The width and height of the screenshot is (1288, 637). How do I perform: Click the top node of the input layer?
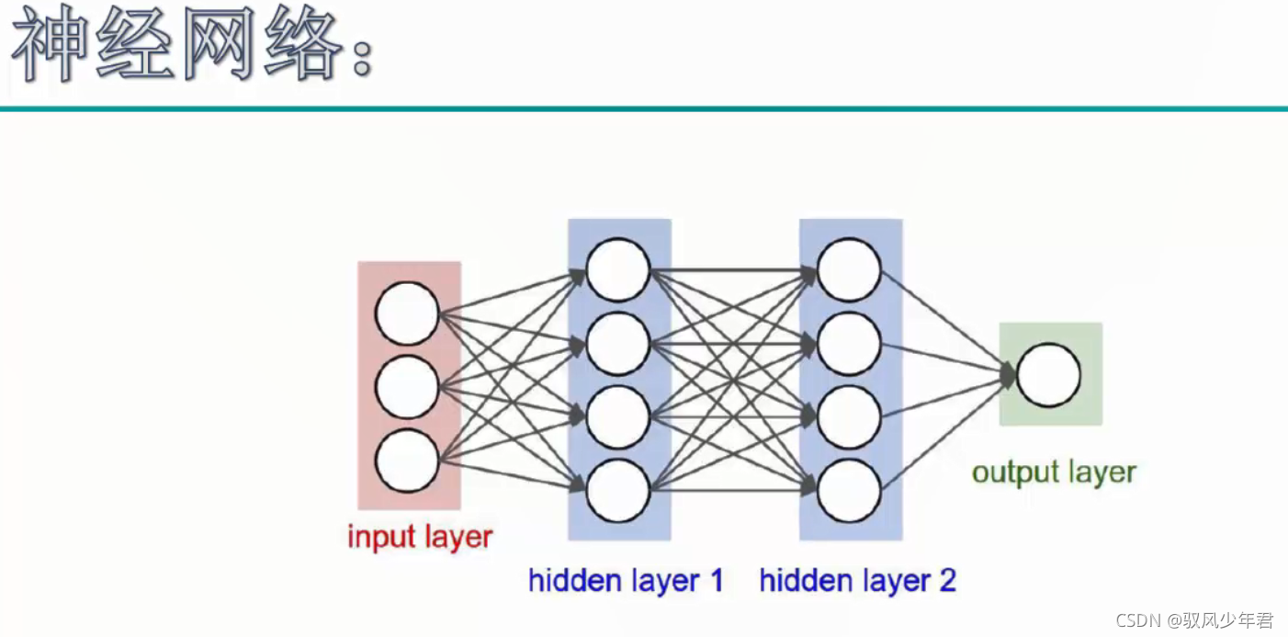(407, 313)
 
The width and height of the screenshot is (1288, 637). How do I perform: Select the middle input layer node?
(407, 387)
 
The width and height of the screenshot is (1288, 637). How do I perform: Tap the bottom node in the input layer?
(407, 461)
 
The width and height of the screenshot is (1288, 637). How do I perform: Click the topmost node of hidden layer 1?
(618, 269)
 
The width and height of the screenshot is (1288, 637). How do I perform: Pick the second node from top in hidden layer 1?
(618, 344)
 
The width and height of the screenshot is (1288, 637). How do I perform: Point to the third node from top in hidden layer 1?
(618, 417)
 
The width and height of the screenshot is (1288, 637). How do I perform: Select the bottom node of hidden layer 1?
(618, 491)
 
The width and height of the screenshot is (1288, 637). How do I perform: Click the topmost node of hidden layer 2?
(849, 269)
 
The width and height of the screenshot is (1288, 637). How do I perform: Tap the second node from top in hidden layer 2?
(849, 344)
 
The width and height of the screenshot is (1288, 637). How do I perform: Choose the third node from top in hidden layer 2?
(849, 417)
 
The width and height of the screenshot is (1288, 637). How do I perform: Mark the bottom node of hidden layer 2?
(849, 491)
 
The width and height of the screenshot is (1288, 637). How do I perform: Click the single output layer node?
(1048, 375)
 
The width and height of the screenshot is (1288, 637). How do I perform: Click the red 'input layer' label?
(420, 537)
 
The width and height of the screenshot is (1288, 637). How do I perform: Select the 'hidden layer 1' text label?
(626, 581)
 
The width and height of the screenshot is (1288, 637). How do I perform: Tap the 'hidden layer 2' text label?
(857, 581)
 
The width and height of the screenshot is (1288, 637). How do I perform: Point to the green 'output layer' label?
(1054, 472)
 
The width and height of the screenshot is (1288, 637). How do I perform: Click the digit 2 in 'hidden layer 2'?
(947, 581)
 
